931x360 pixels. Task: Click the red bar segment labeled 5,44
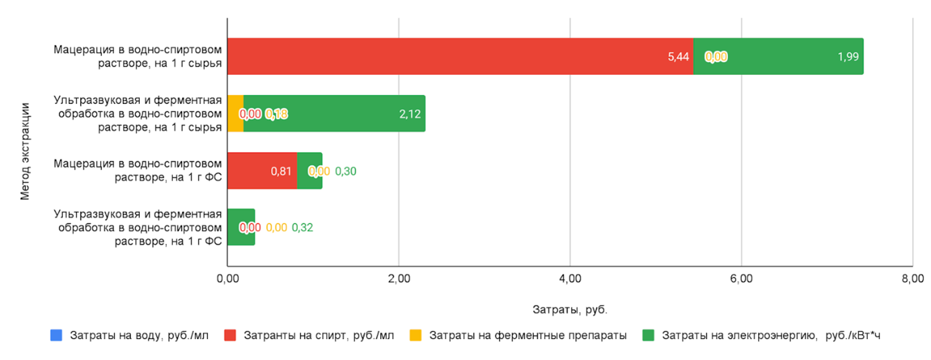459,57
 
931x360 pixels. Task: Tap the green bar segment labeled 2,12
334,113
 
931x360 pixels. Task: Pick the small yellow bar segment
235,113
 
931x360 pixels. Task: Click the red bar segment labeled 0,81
261,171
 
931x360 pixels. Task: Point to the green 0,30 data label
346,171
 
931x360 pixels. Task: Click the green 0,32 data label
302,228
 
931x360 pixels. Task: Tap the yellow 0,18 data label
276,114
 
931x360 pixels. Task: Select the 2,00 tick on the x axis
398,279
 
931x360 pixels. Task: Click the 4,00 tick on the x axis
570,279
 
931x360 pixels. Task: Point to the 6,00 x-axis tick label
741,279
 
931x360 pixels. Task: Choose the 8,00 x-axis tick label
912,279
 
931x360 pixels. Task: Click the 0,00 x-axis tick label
228,279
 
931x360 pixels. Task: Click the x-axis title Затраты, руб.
570,310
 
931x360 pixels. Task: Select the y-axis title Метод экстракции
26,151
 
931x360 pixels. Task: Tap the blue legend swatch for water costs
57,335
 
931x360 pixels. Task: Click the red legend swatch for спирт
230,335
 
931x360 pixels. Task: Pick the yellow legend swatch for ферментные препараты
416,335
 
